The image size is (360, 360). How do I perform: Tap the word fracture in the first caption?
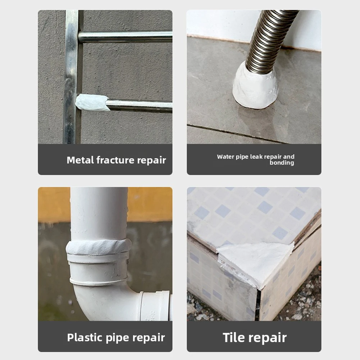(x=115, y=160)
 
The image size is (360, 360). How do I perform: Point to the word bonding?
(x=282, y=163)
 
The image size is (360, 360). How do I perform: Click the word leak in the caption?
(x=256, y=156)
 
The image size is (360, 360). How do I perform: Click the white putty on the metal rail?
(x=92, y=102)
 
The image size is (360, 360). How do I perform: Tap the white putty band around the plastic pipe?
(x=99, y=247)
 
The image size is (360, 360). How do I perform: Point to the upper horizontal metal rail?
(x=125, y=37)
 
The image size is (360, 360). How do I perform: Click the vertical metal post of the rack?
(x=72, y=77)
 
